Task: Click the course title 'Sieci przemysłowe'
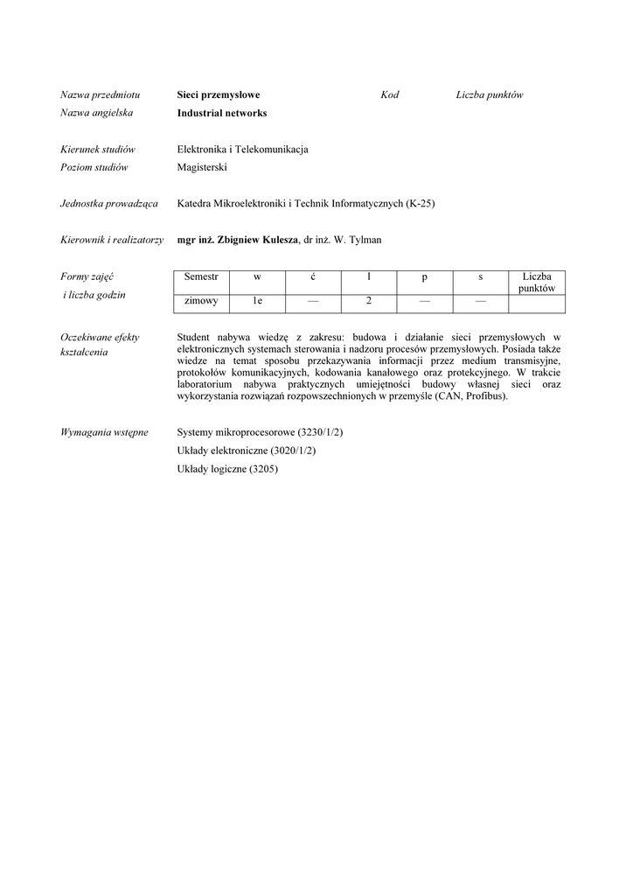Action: tap(218, 94)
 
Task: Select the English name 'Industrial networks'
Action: tap(221, 113)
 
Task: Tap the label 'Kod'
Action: tap(389, 94)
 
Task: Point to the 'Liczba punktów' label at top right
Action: tap(489, 94)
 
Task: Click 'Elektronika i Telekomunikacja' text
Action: tap(242, 150)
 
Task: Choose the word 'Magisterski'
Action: tap(202, 167)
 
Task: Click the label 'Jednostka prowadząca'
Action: tap(108, 204)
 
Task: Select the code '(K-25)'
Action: tap(420, 204)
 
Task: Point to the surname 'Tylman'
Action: tap(365, 240)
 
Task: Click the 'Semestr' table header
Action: tap(201, 276)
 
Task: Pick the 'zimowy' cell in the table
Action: tap(201, 302)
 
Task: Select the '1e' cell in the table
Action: tap(257, 302)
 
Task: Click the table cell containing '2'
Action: tap(369, 302)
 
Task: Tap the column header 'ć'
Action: tap(313, 276)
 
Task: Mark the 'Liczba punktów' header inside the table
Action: tap(537, 282)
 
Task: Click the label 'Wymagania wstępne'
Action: tap(104, 432)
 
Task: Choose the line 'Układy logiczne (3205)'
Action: tap(227, 468)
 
